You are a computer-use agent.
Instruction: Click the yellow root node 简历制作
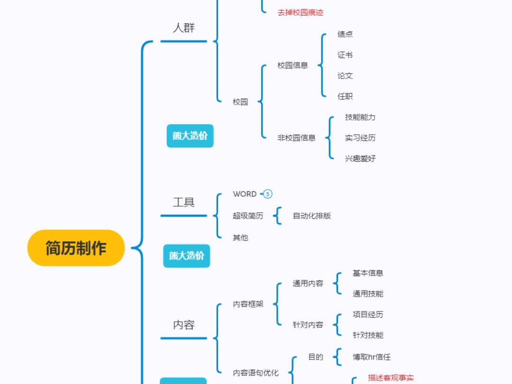(76, 248)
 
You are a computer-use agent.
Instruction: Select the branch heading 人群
(183, 27)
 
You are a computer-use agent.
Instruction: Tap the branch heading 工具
(183, 202)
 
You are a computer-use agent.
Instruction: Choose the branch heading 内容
(183, 325)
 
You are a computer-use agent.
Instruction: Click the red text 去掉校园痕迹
(300, 13)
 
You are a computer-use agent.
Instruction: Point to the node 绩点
(345, 34)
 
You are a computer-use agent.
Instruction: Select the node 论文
(345, 75)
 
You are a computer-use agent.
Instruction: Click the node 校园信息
(293, 65)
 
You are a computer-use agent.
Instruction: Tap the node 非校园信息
(296, 138)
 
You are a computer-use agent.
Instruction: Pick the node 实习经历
(360, 138)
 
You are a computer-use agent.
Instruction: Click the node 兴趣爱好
(360, 158)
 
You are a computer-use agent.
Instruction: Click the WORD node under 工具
(245, 194)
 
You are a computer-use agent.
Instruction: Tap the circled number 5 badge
(268, 194)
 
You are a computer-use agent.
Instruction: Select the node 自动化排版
(311, 216)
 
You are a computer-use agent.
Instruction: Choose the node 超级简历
(248, 216)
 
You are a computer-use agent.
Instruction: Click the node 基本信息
(367, 273)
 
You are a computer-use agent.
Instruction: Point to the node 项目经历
(367, 314)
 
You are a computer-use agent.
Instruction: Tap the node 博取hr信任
(371, 357)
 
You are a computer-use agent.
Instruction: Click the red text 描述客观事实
(391, 378)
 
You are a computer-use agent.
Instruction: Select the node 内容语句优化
(256, 373)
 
